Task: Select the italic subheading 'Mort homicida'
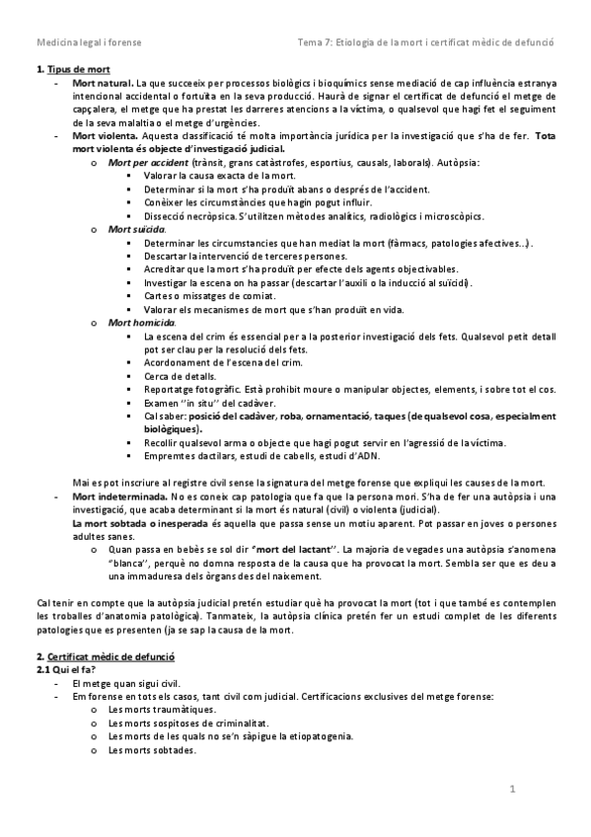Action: point(141,323)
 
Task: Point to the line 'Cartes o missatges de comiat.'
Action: point(208,295)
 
